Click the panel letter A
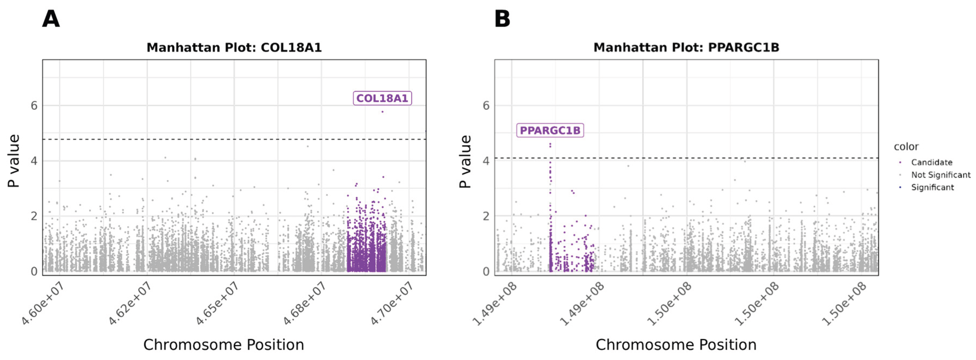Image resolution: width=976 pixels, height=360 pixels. coord(51,19)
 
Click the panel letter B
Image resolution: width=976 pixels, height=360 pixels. coord(502,19)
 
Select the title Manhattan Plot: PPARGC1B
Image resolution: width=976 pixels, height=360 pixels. coord(686,48)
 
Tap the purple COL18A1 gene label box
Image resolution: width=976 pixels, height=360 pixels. coord(382,98)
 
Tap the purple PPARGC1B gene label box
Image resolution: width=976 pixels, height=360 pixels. coord(550,130)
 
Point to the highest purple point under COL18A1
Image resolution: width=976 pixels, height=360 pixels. coord(382,112)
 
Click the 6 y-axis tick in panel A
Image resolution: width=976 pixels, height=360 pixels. coord(34,106)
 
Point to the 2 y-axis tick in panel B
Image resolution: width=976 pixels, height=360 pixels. coord(486,216)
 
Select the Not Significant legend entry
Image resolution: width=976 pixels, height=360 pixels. coord(940,175)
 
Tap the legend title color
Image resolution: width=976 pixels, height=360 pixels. coord(906,147)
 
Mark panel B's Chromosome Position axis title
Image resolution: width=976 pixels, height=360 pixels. coord(676,345)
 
